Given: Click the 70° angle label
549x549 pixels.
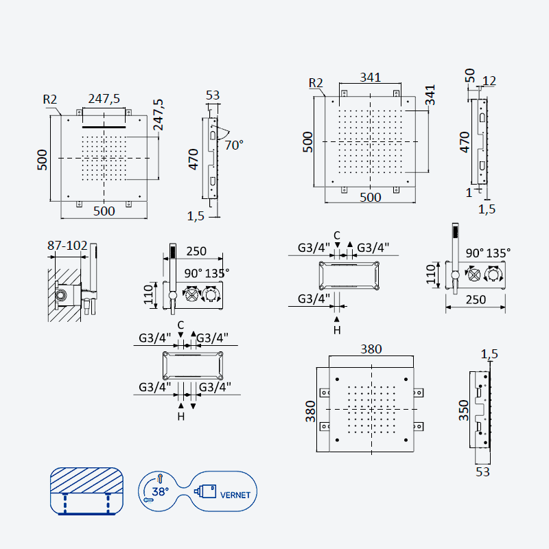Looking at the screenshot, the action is click(x=234, y=145).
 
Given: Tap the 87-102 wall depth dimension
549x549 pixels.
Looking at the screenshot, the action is click(x=67, y=246).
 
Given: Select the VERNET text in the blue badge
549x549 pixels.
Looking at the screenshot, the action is click(x=235, y=495).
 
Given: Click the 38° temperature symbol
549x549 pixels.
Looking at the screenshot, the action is click(x=161, y=491).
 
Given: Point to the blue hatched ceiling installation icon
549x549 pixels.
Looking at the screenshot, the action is click(x=86, y=491).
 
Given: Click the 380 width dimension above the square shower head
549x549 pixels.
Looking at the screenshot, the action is click(x=371, y=349).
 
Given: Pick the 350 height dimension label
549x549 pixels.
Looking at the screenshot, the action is click(x=464, y=410).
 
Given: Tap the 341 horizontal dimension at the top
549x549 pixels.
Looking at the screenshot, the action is click(x=371, y=77).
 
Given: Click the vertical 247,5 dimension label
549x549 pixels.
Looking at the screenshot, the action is click(x=158, y=115).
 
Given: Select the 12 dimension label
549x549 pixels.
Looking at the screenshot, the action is click(x=489, y=81).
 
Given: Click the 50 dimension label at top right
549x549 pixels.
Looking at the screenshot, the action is click(x=470, y=75).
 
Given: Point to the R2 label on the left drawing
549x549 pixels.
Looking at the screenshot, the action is click(x=49, y=100).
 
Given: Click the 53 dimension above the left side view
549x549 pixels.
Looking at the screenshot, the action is click(x=213, y=95).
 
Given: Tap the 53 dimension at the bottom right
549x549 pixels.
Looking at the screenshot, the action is click(x=482, y=472).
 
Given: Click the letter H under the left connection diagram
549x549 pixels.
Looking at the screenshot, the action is click(x=181, y=417).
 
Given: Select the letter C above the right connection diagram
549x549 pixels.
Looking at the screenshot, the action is click(x=337, y=235).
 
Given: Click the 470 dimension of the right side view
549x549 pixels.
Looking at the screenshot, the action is click(x=465, y=142).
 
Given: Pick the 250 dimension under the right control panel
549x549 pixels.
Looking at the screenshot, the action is click(x=476, y=300).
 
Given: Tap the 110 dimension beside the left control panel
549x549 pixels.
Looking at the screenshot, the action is click(x=148, y=294).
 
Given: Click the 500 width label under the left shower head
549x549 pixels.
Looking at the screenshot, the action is click(x=104, y=211).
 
